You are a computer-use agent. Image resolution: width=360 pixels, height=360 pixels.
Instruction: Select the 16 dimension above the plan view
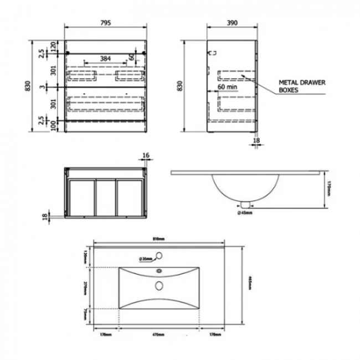click(146, 156)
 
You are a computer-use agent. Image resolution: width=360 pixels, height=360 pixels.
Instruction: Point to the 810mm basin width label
click(158, 239)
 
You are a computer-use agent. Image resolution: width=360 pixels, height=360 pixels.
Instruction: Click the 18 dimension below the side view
click(256, 142)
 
